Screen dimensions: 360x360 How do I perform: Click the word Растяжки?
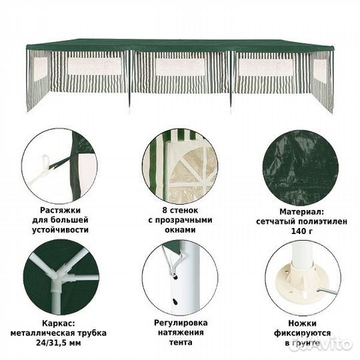61,210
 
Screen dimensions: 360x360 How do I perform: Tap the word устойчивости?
61,230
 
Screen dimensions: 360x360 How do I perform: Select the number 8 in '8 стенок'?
165,210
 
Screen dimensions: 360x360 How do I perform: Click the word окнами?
180,230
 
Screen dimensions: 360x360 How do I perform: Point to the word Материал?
302,211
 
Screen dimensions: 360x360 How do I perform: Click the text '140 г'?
302,231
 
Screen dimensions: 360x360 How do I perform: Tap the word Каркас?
58,323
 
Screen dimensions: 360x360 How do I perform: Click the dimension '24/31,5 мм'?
58,343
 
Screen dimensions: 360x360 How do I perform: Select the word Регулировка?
181,323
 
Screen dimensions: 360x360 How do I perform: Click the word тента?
181,343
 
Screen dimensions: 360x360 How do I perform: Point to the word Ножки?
302,323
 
